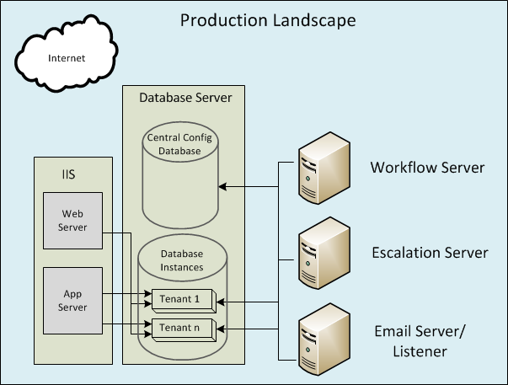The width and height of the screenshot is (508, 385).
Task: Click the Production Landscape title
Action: [x=268, y=19]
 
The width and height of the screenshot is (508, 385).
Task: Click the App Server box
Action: [x=72, y=301]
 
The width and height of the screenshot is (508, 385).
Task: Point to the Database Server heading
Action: [x=184, y=99]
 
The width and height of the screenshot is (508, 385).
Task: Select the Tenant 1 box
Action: [x=182, y=299]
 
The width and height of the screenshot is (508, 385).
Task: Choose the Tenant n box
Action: [x=182, y=327]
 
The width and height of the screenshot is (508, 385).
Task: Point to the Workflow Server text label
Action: [x=427, y=168]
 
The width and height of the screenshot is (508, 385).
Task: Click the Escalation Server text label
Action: [x=430, y=253]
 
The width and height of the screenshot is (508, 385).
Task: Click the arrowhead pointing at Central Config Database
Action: [x=225, y=186]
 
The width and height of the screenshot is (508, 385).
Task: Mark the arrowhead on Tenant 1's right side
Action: [x=222, y=300]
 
